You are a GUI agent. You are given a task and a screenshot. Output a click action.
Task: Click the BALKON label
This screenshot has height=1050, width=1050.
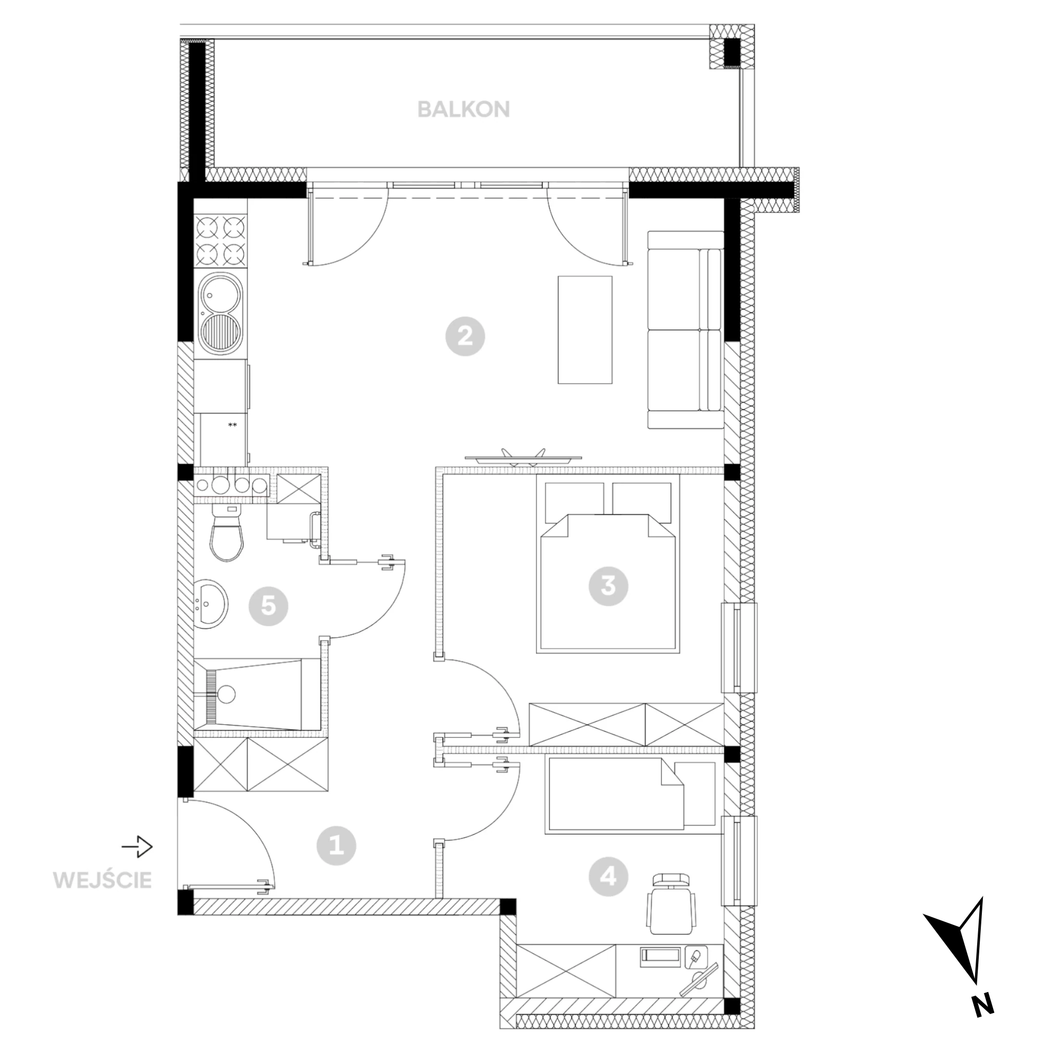(x=463, y=110)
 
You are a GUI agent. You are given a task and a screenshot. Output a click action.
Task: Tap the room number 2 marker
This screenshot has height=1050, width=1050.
(x=465, y=336)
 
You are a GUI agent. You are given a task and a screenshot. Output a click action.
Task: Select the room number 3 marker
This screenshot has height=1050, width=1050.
(x=608, y=586)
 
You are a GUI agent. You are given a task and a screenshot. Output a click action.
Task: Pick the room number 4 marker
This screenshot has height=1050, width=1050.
(x=609, y=876)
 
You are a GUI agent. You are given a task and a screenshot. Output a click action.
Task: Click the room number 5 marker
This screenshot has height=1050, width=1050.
(x=269, y=605)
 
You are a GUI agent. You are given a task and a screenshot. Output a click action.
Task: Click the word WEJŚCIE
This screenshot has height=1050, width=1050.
(x=102, y=880)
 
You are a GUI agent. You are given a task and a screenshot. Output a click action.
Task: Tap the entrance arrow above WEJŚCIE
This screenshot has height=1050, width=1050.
(x=137, y=846)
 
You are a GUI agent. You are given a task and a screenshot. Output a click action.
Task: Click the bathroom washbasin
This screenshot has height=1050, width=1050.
(x=211, y=604)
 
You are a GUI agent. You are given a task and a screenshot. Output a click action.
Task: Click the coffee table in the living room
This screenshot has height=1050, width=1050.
(x=585, y=330)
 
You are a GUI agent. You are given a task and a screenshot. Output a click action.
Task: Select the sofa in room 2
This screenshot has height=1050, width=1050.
(x=685, y=330)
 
